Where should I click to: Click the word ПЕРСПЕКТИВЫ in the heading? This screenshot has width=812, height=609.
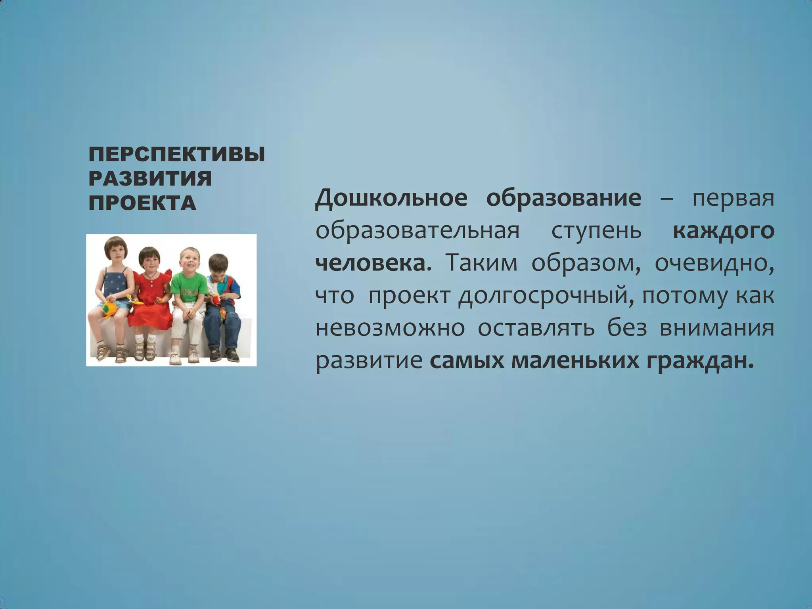176,154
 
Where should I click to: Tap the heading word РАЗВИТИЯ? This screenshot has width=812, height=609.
150,179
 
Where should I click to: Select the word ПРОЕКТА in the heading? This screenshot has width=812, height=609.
142,203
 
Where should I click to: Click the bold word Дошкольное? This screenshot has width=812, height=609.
391,198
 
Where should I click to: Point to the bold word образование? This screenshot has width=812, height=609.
563,198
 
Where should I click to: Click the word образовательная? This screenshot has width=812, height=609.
417,231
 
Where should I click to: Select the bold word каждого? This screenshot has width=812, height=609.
723,231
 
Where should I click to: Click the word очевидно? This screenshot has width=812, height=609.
714,264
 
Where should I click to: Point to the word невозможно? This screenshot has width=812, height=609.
390,329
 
